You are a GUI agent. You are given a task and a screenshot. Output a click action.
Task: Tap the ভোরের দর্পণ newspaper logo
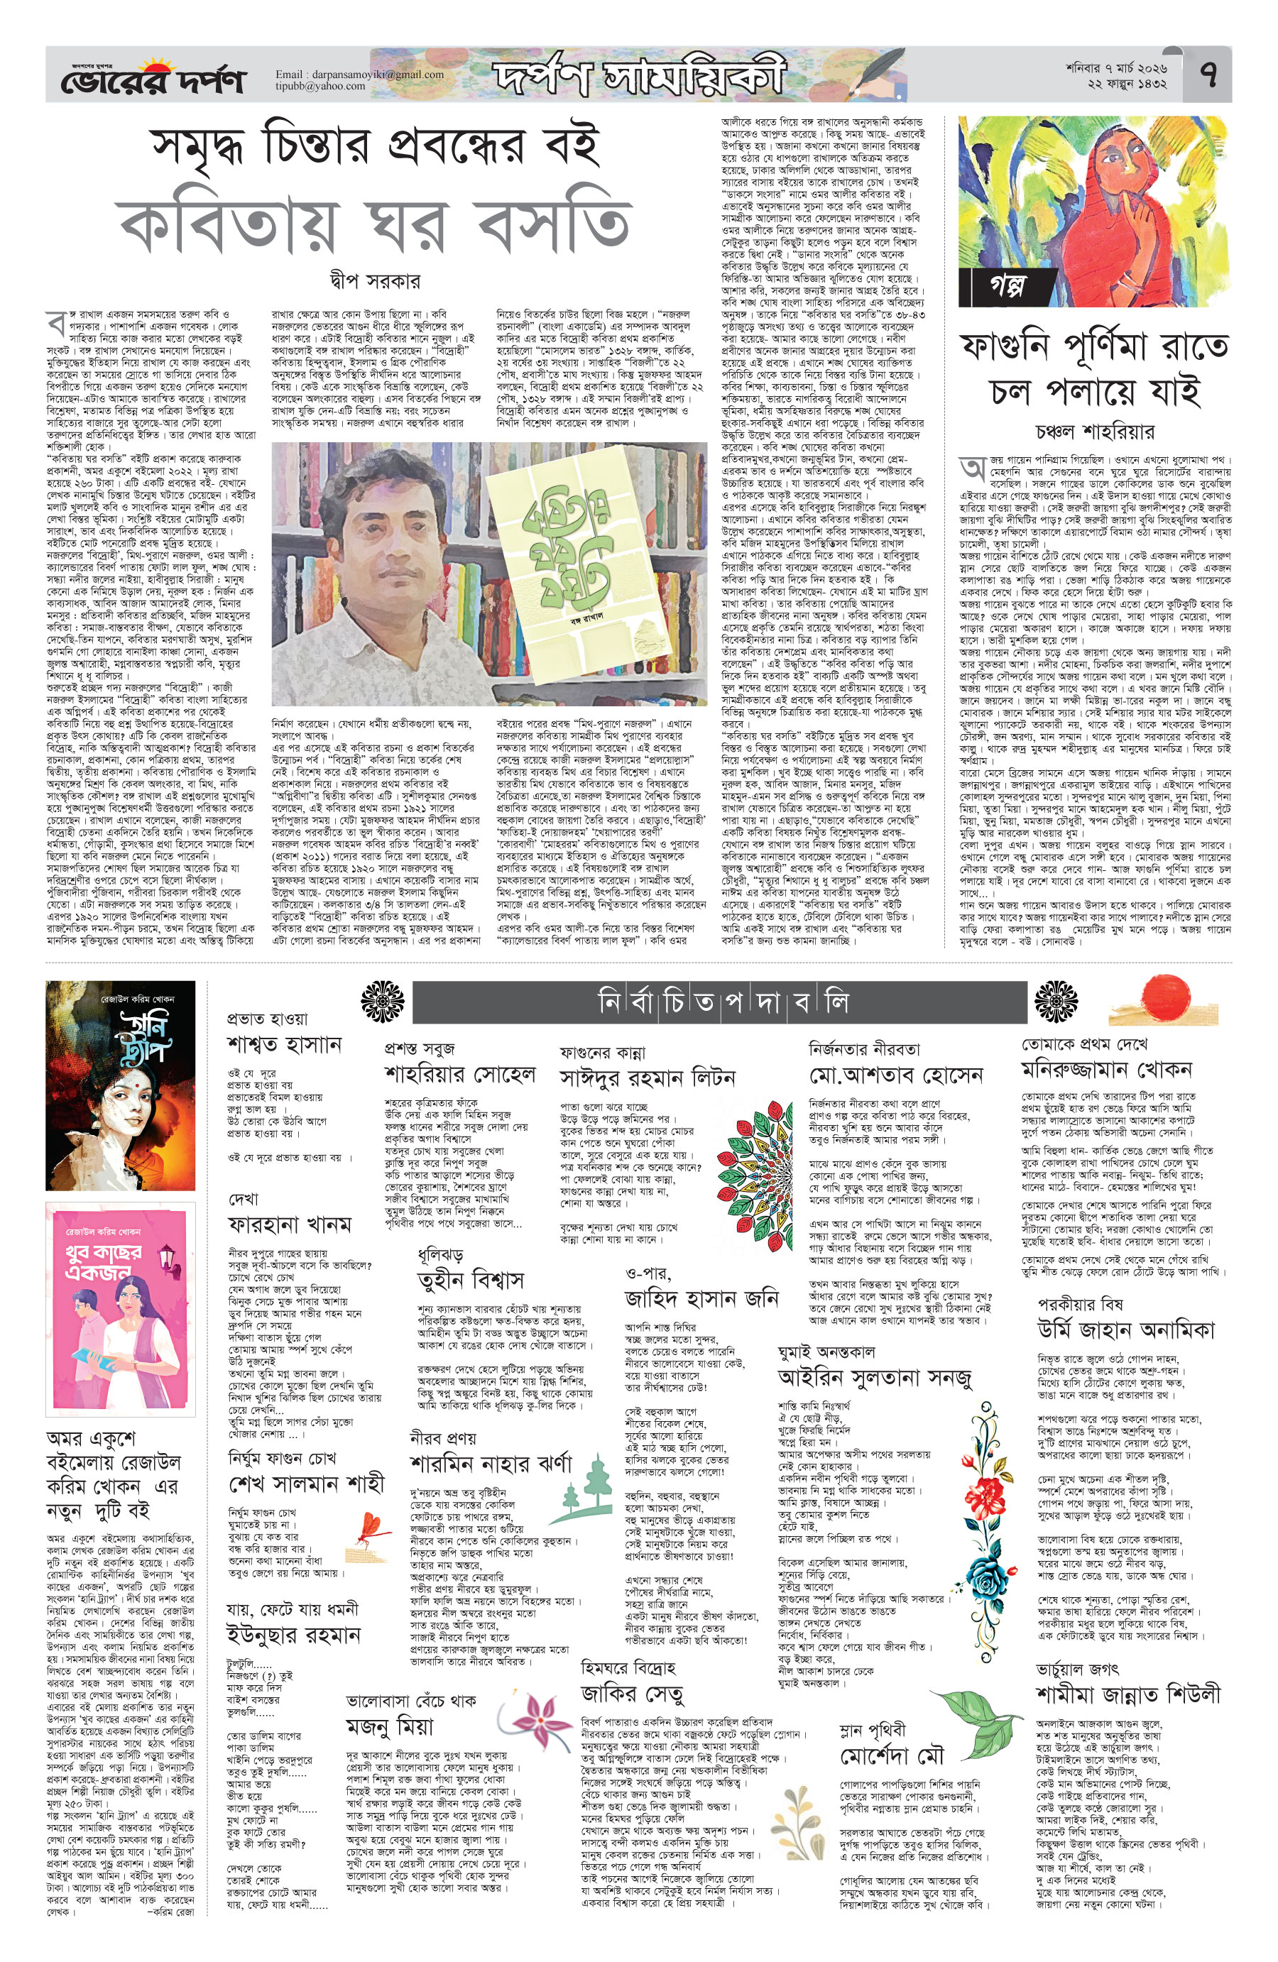click(x=153, y=80)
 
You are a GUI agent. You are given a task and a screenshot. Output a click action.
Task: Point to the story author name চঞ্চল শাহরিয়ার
click(x=1094, y=431)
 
